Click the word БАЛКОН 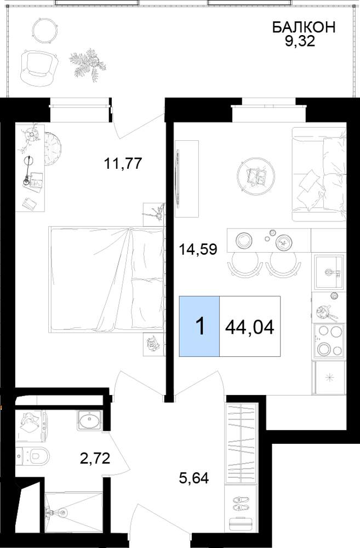[304, 27]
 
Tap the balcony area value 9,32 [300, 42]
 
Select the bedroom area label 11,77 [124, 163]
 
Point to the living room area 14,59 [198, 249]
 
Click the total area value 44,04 [250, 327]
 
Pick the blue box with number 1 [199, 326]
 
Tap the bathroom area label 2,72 [95, 458]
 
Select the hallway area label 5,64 [193, 477]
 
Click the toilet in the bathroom [33, 455]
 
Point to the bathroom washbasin [89, 420]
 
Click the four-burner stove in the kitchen [329, 341]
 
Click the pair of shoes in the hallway [241, 502]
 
